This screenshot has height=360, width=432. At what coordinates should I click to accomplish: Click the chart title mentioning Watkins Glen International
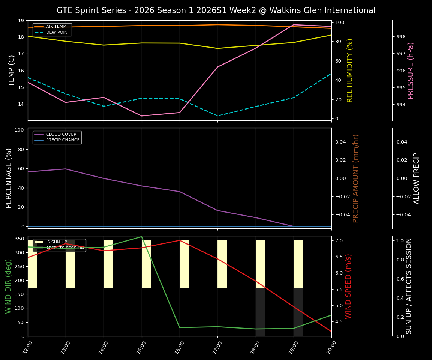point(216,10)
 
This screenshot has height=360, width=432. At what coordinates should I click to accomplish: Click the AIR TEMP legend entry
point(55,27)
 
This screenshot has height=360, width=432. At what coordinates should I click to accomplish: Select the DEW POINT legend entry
point(58,33)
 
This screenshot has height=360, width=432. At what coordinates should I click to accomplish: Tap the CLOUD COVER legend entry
point(61,135)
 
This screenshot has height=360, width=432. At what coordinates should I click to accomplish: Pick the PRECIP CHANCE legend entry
point(63,140)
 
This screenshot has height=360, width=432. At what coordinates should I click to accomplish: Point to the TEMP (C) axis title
point(12,70)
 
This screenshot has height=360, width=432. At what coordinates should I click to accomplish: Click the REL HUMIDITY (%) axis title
point(350,70)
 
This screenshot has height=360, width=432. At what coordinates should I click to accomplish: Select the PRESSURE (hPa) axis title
point(411,70)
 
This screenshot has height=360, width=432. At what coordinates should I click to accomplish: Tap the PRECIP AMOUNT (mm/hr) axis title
point(356,178)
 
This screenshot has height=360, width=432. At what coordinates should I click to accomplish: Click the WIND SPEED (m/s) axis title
point(349,286)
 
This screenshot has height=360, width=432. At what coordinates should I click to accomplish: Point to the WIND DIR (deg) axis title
point(8,286)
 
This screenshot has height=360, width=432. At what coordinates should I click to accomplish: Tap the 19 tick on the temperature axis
point(21,21)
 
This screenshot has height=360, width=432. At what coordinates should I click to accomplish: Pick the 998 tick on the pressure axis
point(401,37)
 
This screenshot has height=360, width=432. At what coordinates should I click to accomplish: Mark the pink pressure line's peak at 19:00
point(294,25)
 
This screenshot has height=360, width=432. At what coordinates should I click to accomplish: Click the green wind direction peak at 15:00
point(142,237)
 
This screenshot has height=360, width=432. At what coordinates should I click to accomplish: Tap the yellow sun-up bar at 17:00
point(222,264)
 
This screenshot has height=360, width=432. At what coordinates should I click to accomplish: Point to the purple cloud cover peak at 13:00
point(66,169)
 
